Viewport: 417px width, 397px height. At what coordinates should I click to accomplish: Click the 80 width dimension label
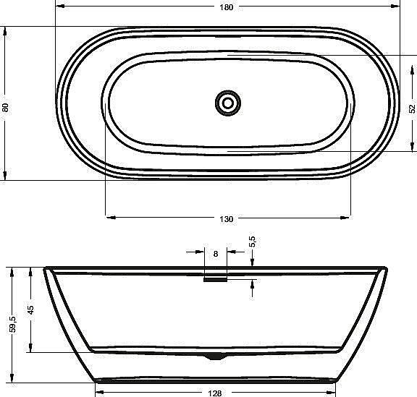point(6,107)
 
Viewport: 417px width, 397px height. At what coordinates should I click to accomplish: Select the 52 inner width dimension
point(411,108)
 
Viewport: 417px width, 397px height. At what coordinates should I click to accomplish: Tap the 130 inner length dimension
point(226,218)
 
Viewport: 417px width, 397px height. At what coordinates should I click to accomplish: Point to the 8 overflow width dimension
point(216,253)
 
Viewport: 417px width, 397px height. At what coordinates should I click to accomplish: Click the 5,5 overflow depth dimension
point(252,242)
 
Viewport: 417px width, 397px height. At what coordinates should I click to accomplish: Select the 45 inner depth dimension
point(31,310)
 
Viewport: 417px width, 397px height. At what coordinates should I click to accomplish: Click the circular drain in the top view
point(228,103)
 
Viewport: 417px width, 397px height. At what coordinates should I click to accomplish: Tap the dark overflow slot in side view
point(215,281)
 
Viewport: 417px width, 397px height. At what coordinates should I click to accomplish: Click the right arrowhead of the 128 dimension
point(334,393)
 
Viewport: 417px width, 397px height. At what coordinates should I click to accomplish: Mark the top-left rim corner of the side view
point(46,268)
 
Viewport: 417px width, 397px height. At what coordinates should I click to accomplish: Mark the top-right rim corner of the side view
point(386,268)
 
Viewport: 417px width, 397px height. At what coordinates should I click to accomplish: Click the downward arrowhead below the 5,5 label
point(252,264)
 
